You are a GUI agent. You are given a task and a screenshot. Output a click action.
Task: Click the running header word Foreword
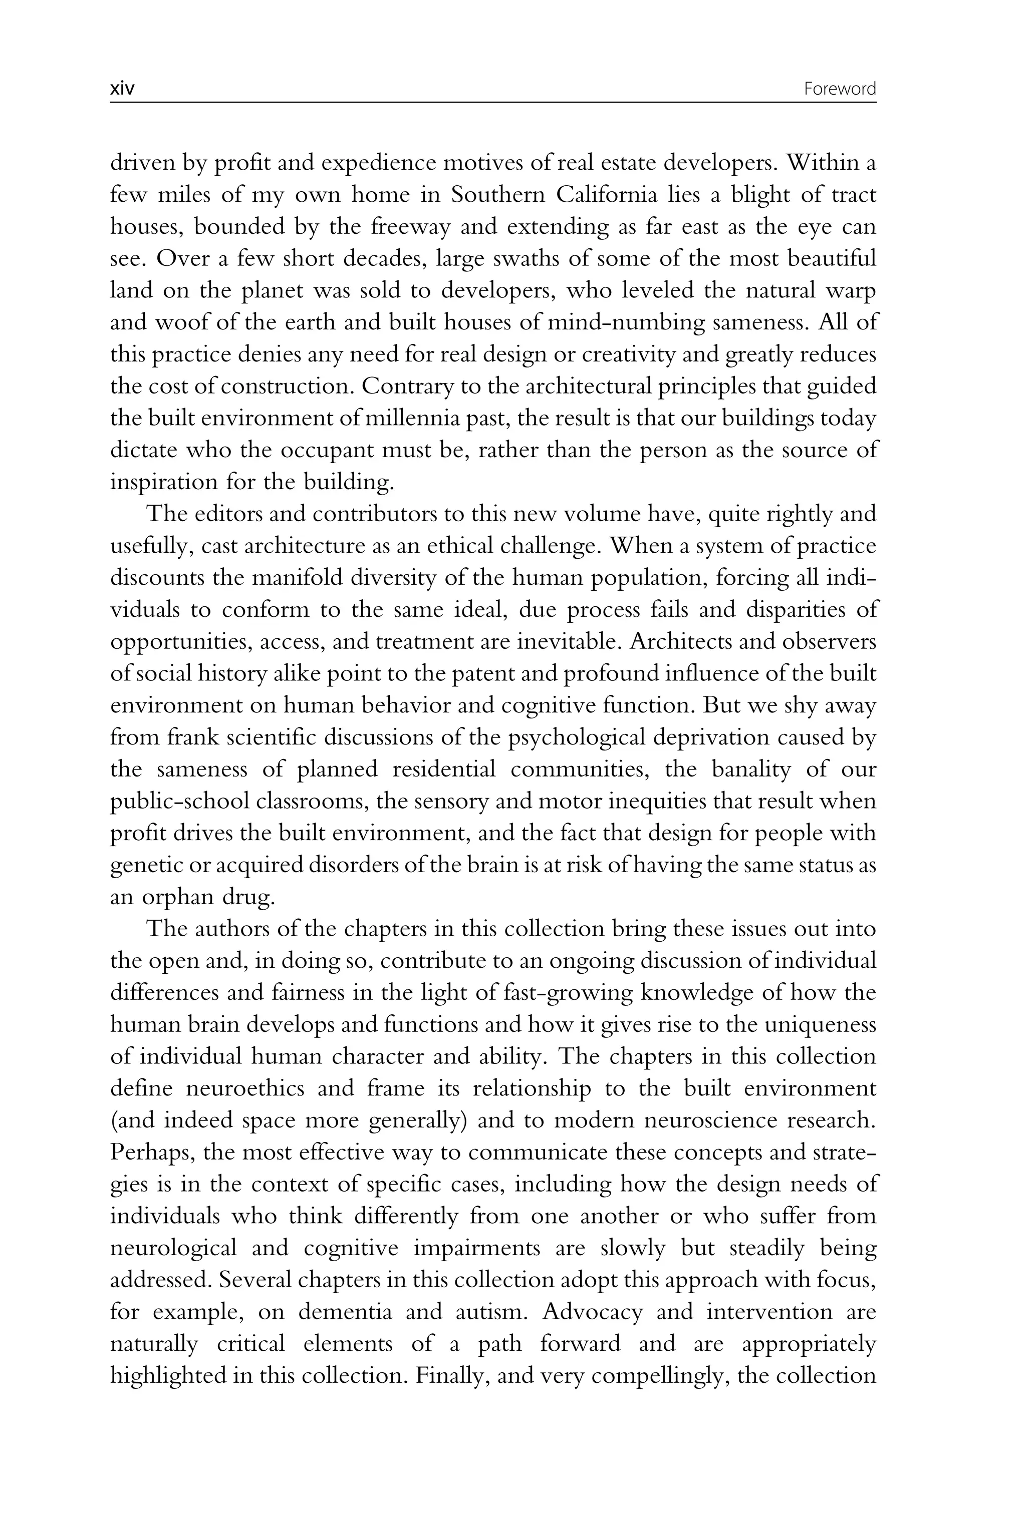pyautogui.click(x=840, y=89)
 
